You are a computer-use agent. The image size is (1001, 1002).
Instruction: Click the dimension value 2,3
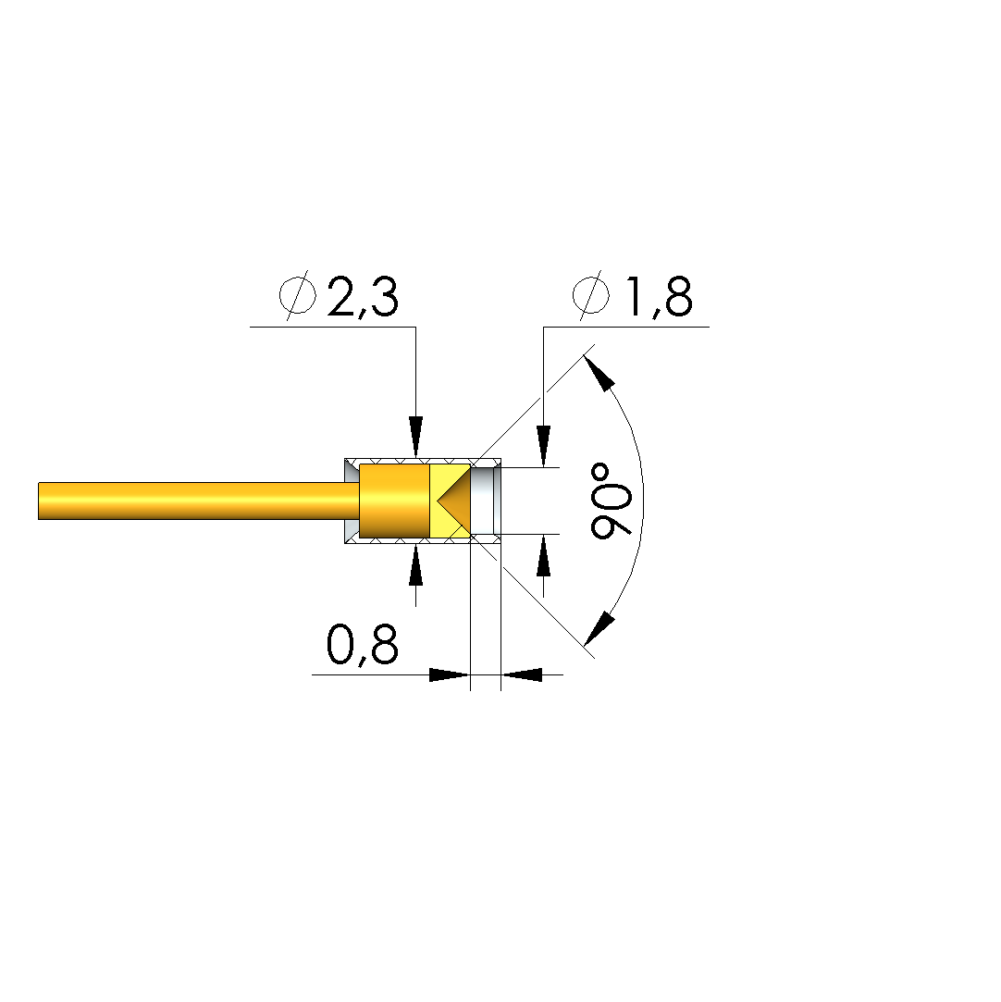tap(363, 297)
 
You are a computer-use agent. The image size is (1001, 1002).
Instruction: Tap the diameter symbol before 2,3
tap(298, 295)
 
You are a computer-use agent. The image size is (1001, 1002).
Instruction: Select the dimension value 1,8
tap(660, 297)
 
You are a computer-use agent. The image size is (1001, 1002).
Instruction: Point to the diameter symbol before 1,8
tap(591, 295)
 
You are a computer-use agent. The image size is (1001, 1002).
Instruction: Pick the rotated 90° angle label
tap(612, 501)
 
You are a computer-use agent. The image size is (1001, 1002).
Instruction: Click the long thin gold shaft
tap(199, 501)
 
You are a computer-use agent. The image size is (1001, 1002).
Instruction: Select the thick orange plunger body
tap(394, 501)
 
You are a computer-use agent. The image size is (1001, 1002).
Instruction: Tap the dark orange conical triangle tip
tap(454, 501)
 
